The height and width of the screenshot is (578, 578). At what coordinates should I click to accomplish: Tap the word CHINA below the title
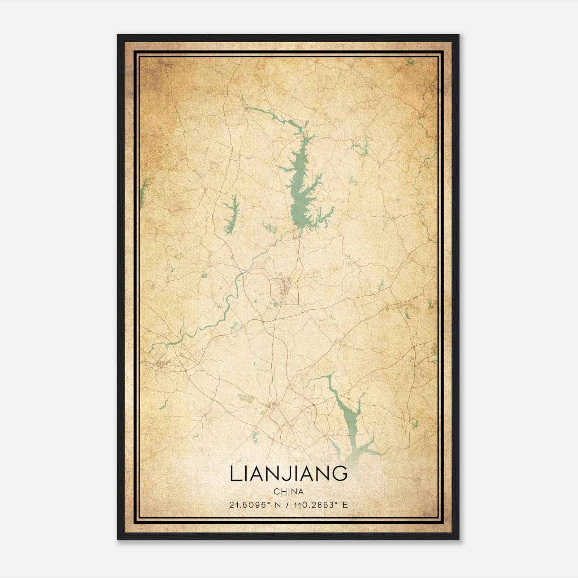(x=288, y=492)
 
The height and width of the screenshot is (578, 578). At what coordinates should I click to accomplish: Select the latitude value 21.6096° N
(x=250, y=505)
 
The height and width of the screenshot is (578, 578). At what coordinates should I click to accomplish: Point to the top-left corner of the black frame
(x=118, y=35)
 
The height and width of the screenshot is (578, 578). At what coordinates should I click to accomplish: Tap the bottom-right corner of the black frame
(x=458, y=539)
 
